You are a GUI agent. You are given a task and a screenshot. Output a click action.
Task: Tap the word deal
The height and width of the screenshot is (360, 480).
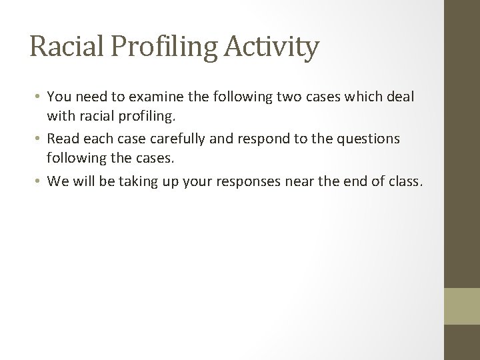tap(400, 97)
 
